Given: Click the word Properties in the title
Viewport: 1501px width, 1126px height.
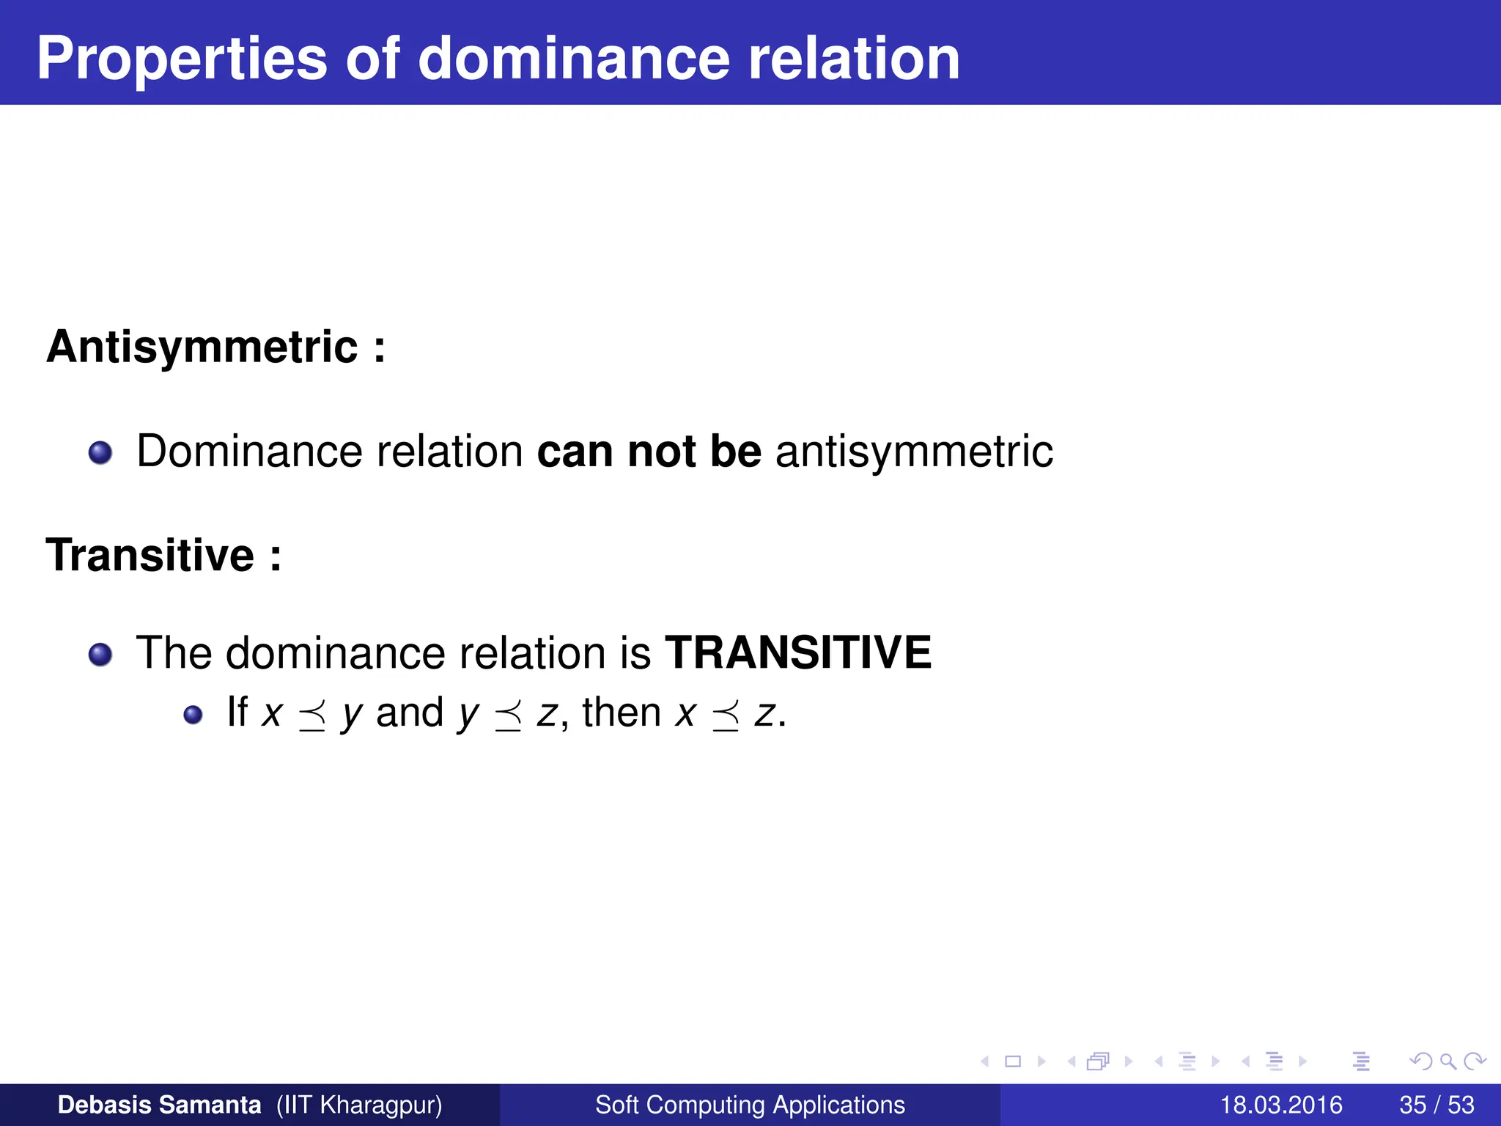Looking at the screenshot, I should pos(182,60).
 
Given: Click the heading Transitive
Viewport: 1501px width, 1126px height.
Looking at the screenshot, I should pos(150,555).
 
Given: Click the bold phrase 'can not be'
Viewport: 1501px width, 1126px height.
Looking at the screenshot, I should pos(649,451).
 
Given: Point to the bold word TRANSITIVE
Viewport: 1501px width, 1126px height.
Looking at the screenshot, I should pos(797,652).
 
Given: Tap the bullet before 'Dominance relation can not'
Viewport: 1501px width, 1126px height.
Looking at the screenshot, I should pos(100,453).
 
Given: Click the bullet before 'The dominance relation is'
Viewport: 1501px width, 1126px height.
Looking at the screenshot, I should pos(100,655).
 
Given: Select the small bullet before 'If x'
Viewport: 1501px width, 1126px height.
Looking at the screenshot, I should pos(193,715).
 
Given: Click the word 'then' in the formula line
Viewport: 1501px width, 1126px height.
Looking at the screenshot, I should pos(622,713).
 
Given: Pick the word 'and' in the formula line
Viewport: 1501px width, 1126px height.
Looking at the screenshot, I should pos(410,713).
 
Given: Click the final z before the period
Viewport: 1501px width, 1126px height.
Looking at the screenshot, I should pos(764,715).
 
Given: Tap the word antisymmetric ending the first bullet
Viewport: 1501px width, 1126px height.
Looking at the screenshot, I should pos(914,451).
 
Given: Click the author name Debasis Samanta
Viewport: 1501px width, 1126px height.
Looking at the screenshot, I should pos(159,1105).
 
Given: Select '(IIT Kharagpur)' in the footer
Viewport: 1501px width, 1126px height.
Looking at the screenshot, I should pos(359,1105).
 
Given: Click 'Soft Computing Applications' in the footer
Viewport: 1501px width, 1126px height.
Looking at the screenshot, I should pos(750,1105).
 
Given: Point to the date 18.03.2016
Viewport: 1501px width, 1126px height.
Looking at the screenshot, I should pos(1280,1105).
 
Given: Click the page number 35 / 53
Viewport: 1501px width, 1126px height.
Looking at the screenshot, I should pos(1437,1105).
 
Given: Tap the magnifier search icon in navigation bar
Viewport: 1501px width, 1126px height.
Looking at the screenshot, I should pos(1447,1061).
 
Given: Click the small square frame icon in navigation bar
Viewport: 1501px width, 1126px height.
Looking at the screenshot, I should pos(1013,1061).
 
